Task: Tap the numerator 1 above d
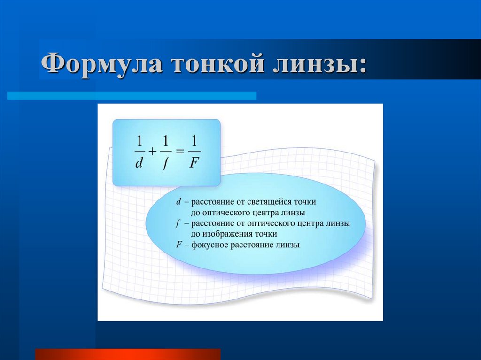point(139,140)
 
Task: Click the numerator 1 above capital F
point(194,140)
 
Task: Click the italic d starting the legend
point(178,201)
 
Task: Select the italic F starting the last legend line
point(178,245)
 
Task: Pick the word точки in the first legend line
point(305,201)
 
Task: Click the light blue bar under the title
point(132,95)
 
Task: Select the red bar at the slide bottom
point(127,354)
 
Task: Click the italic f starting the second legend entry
point(178,223)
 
